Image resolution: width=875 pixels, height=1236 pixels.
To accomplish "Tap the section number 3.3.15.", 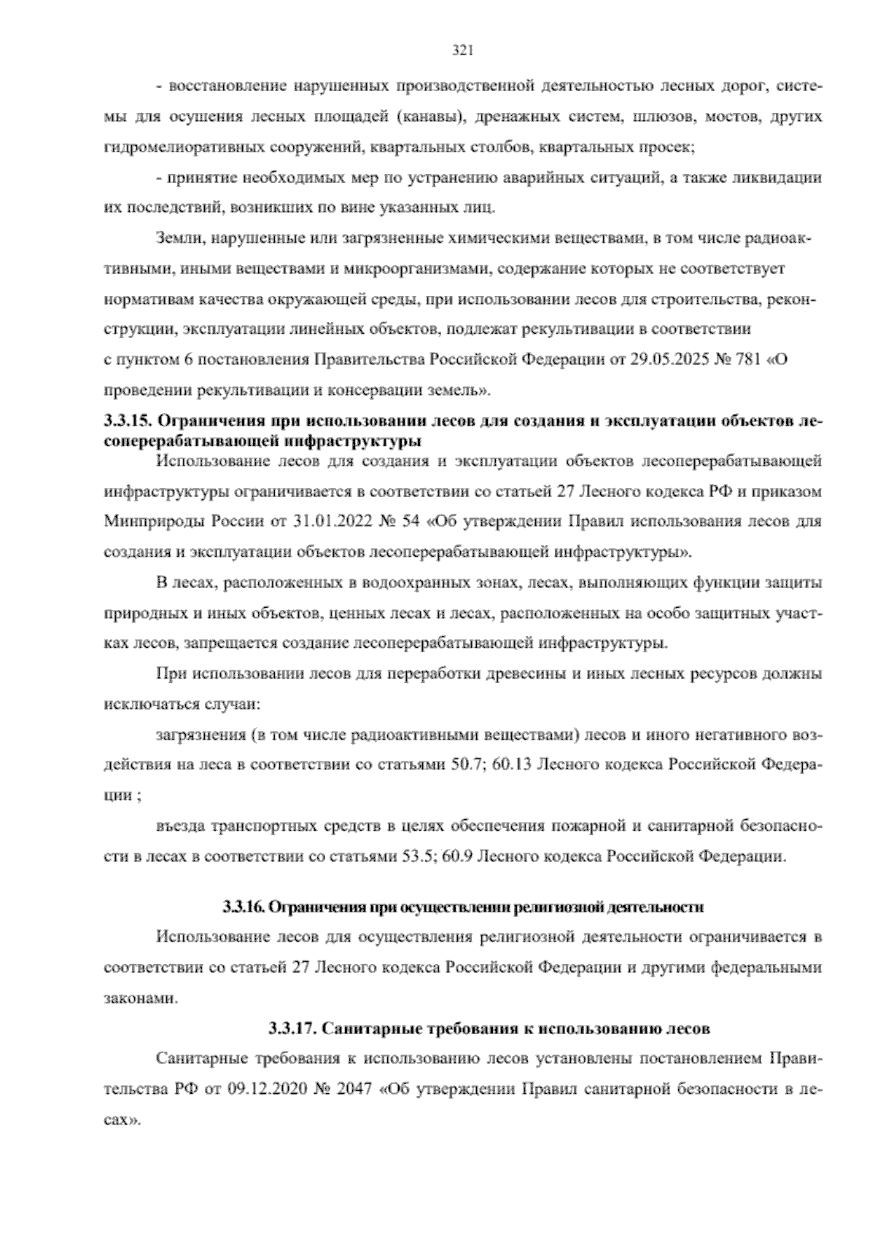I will [x=128, y=421].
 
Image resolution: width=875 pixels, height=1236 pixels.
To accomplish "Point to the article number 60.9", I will [x=456, y=856].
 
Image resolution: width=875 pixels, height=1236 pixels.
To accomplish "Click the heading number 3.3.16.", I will [x=244, y=908].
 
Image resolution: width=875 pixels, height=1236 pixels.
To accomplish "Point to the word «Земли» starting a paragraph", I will [x=176, y=238].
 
